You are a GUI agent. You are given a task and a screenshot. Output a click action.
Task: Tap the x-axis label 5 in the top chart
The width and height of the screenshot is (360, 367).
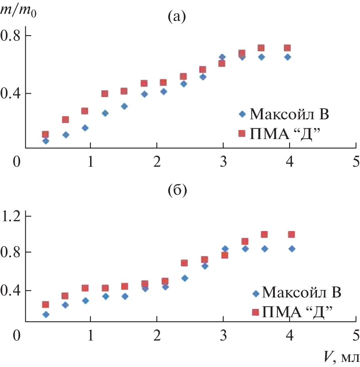[x=356, y=162]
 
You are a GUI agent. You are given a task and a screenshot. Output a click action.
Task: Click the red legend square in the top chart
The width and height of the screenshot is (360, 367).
[x=242, y=134]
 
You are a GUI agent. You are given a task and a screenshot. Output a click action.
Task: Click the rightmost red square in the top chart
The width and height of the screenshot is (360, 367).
[x=287, y=48]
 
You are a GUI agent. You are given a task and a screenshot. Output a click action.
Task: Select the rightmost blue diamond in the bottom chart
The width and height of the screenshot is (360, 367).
[x=292, y=249]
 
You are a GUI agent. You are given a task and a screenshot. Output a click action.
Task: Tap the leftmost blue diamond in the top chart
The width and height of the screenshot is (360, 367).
[x=45, y=141]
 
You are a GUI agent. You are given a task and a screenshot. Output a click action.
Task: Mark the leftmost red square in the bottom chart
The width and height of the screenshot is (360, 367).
[x=45, y=305]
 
